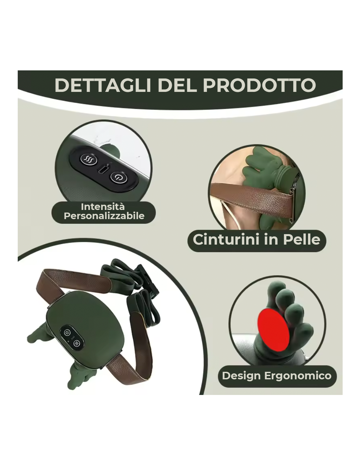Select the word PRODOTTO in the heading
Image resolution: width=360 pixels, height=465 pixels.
tap(259, 85)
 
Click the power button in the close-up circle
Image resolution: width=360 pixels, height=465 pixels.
tap(119, 177)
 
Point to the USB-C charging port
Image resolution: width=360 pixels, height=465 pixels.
tap(103, 169)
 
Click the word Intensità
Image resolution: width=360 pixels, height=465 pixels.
tap(103, 207)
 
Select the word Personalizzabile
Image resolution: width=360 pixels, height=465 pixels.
tap(104, 216)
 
